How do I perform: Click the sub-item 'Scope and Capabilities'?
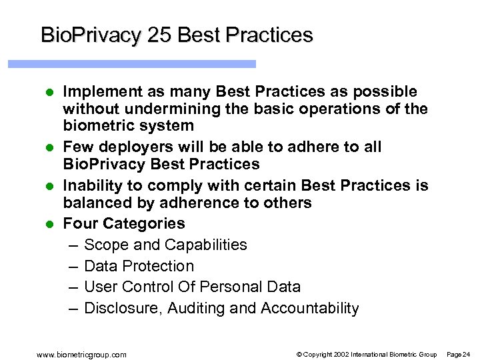165,245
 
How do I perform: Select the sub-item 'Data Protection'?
139,266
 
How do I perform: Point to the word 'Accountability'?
309,308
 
